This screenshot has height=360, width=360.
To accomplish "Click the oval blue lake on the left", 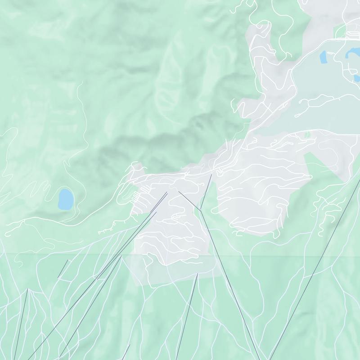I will click(x=65, y=199).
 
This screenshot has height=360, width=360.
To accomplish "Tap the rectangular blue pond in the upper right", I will click(x=323, y=57).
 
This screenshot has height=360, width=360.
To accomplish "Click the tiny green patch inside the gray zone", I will click(x=307, y=135).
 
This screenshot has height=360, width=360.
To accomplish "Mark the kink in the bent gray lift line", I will click(x=199, y=209).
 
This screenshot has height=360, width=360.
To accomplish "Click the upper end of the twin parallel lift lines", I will click(x=166, y=193).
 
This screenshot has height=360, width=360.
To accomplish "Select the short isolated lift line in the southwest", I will click(x=63, y=269).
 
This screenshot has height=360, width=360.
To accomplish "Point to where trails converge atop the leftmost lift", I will click(x=27, y=289).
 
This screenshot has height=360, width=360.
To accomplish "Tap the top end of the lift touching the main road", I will click(x=211, y=175).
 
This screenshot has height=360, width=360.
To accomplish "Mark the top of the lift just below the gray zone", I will click(x=197, y=274).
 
